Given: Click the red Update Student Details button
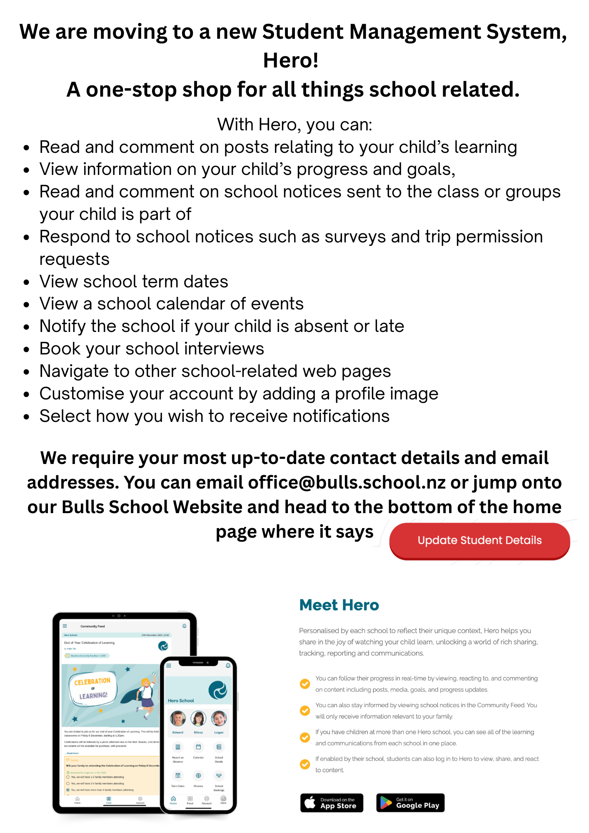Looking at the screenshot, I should click(x=479, y=540).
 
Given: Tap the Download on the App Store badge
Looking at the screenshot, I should click(x=332, y=803).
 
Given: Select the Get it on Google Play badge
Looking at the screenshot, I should click(x=410, y=803).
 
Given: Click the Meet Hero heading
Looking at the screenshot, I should click(x=339, y=605).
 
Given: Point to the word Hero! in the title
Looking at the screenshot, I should click(x=291, y=60).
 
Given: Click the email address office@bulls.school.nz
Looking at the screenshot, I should click(x=347, y=483).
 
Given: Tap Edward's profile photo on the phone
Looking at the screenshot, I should click(x=178, y=718).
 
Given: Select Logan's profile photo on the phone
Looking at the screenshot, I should click(x=219, y=718).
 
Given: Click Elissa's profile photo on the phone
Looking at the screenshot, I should click(x=198, y=718).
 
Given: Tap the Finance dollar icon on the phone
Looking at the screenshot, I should click(x=198, y=776).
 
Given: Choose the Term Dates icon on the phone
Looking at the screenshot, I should click(x=178, y=776).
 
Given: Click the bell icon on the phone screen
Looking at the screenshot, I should click(x=228, y=666).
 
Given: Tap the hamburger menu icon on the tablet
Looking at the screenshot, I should click(x=65, y=626).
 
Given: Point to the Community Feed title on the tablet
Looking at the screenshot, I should click(x=92, y=626).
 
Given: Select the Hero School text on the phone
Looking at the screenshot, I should click(x=181, y=701).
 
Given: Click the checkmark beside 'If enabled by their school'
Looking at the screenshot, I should click(x=305, y=764).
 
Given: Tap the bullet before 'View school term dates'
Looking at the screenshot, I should click(x=27, y=282).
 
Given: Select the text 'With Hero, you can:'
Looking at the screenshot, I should click(x=294, y=125).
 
